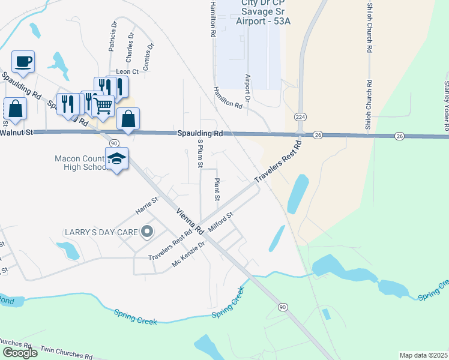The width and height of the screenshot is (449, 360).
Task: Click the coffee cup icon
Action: click(x=23, y=61)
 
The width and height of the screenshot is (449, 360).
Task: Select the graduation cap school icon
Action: click(x=116, y=159)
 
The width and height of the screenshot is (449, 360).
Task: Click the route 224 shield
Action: click(x=301, y=116)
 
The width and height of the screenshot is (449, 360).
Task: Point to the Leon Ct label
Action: click(x=127, y=71)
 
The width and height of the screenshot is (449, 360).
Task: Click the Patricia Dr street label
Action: click(x=112, y=36)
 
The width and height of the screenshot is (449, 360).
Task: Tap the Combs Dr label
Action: click(x=149, y=54)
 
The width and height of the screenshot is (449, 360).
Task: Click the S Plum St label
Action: click(x=200, y=153)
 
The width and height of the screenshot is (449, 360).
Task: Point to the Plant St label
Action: click(x=217, y=189)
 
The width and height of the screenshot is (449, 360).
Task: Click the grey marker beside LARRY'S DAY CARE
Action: click(x=146, y=232)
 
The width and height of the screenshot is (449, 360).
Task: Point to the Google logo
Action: click(x=20, y=353)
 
